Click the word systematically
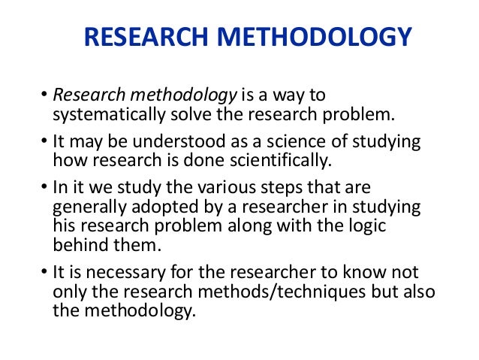click(x=108, y=115)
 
